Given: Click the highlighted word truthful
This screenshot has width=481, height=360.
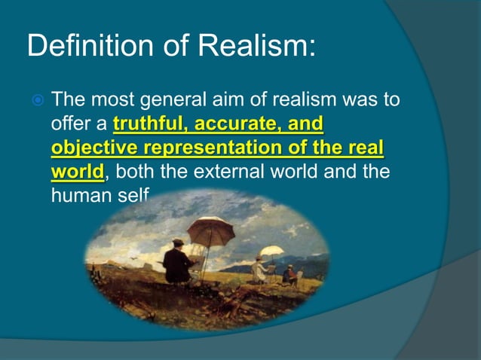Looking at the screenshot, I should [x=151, y=123].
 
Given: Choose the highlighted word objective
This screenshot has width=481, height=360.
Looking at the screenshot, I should [x=98, y=148].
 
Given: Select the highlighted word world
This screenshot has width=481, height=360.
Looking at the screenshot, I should [x=78, y=172].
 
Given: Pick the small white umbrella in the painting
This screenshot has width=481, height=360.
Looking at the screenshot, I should [x=271, y=252].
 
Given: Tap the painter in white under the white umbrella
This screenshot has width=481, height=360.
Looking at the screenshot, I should [x=260, y=270].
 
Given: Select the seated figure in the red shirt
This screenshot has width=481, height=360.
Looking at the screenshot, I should [x=291, y=274].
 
